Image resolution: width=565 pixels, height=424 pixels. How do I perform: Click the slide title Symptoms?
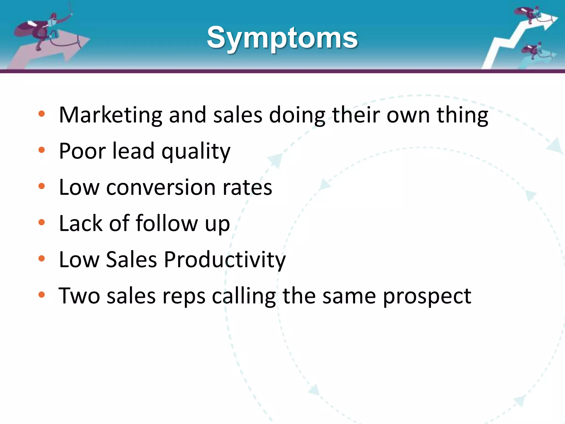[x=282, y=38]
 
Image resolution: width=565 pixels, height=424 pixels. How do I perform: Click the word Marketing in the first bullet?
[x=110, y=115]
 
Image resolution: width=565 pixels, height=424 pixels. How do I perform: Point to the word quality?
[x=196, y=152]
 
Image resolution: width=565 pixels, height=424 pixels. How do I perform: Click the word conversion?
[x=161, y=187]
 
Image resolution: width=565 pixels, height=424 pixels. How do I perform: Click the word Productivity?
[x=225, y=260]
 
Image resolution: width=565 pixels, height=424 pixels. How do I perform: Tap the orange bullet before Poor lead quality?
[x=42, y=150]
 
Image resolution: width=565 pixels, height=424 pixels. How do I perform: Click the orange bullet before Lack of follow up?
[x=42, y=222]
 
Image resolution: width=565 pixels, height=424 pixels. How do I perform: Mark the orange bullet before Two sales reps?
[x=42, y=295]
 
